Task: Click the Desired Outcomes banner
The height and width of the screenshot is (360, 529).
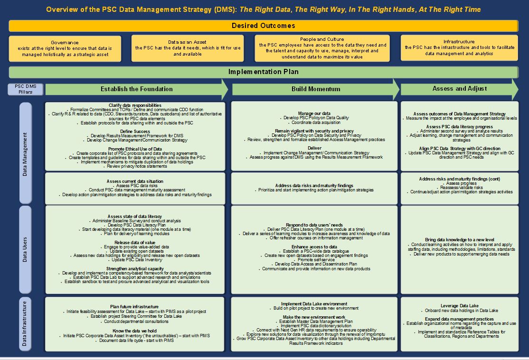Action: pos(263,26)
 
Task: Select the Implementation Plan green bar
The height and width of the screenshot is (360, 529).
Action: pos(263,72)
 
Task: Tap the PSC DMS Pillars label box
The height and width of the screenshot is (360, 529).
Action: pos(27,89)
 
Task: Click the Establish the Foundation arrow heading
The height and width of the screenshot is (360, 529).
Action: pos(137,89)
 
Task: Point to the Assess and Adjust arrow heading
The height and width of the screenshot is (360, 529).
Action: pos(459,89)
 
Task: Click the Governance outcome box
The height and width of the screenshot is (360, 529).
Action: pos(65,48)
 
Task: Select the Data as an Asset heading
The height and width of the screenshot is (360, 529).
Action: pos(188,42)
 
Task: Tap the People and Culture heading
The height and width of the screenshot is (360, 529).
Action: pos(322,39)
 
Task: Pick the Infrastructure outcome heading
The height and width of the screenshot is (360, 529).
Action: pos(459,42)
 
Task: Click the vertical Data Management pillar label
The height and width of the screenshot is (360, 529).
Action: pos(26,153)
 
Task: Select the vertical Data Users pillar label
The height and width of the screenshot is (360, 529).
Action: pos(26,249)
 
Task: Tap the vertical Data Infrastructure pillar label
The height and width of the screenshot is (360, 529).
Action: pos(26,324)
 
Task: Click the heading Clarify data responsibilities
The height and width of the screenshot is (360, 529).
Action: pos(135,105)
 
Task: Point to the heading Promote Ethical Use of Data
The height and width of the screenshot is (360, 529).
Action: pos(135,149)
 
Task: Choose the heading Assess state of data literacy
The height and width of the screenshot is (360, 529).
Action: pos(135,216)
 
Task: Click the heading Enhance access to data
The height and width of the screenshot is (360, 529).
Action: pos(314,247)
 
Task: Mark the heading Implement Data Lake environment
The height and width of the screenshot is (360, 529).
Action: pos(314,304)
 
